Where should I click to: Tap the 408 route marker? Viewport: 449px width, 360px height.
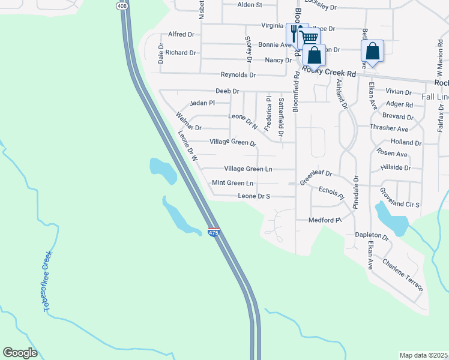pyautogui.click(x=122, y=5)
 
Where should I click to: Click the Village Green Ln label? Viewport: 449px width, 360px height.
pyautogui.click(x=248, y=169)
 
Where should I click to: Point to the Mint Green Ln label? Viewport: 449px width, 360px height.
pyautogui.click(x=232, y=182)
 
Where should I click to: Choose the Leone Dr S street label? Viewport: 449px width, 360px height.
pyautogui.click(x=254, y=196)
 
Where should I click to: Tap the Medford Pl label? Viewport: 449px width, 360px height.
pyautogui.click(x=324, y=220)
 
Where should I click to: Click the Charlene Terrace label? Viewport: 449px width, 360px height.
pyautogui.click(x=402, y=274)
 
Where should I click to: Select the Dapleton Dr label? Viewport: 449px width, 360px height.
pyautogui.click(x=372, y=237)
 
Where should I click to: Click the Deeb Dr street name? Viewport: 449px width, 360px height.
pyautogui.click(x=228, y=91)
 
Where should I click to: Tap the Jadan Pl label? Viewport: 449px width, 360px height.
pyautogui.click(x=202, y=103)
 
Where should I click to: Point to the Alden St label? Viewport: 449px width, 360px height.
pyautogui.click(x=250, y=5)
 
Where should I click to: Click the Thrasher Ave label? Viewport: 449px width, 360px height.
pyautogui.click(x=389, y=129)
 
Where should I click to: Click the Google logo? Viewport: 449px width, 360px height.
pyautogui.click(x=20, y=353)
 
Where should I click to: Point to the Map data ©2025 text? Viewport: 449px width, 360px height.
pyautogui.click(x=423, y=355)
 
